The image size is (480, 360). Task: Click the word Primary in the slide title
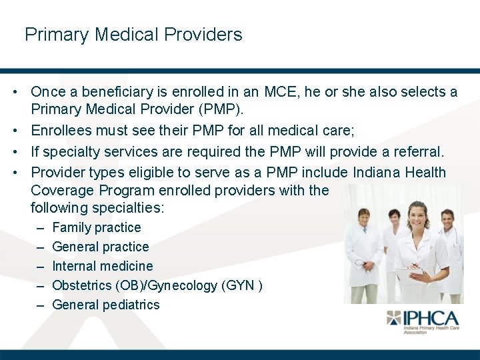pos(55,35)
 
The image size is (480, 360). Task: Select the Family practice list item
pos(96,227)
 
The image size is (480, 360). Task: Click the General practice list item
pos(100,247)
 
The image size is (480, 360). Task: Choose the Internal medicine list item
pos(102,266)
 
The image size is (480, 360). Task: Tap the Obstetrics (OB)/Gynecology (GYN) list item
pos(157,285)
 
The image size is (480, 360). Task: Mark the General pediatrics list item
pos(105,305)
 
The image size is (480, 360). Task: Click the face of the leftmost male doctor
pos(364,218)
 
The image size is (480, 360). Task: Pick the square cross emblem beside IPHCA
pos(394,318)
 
